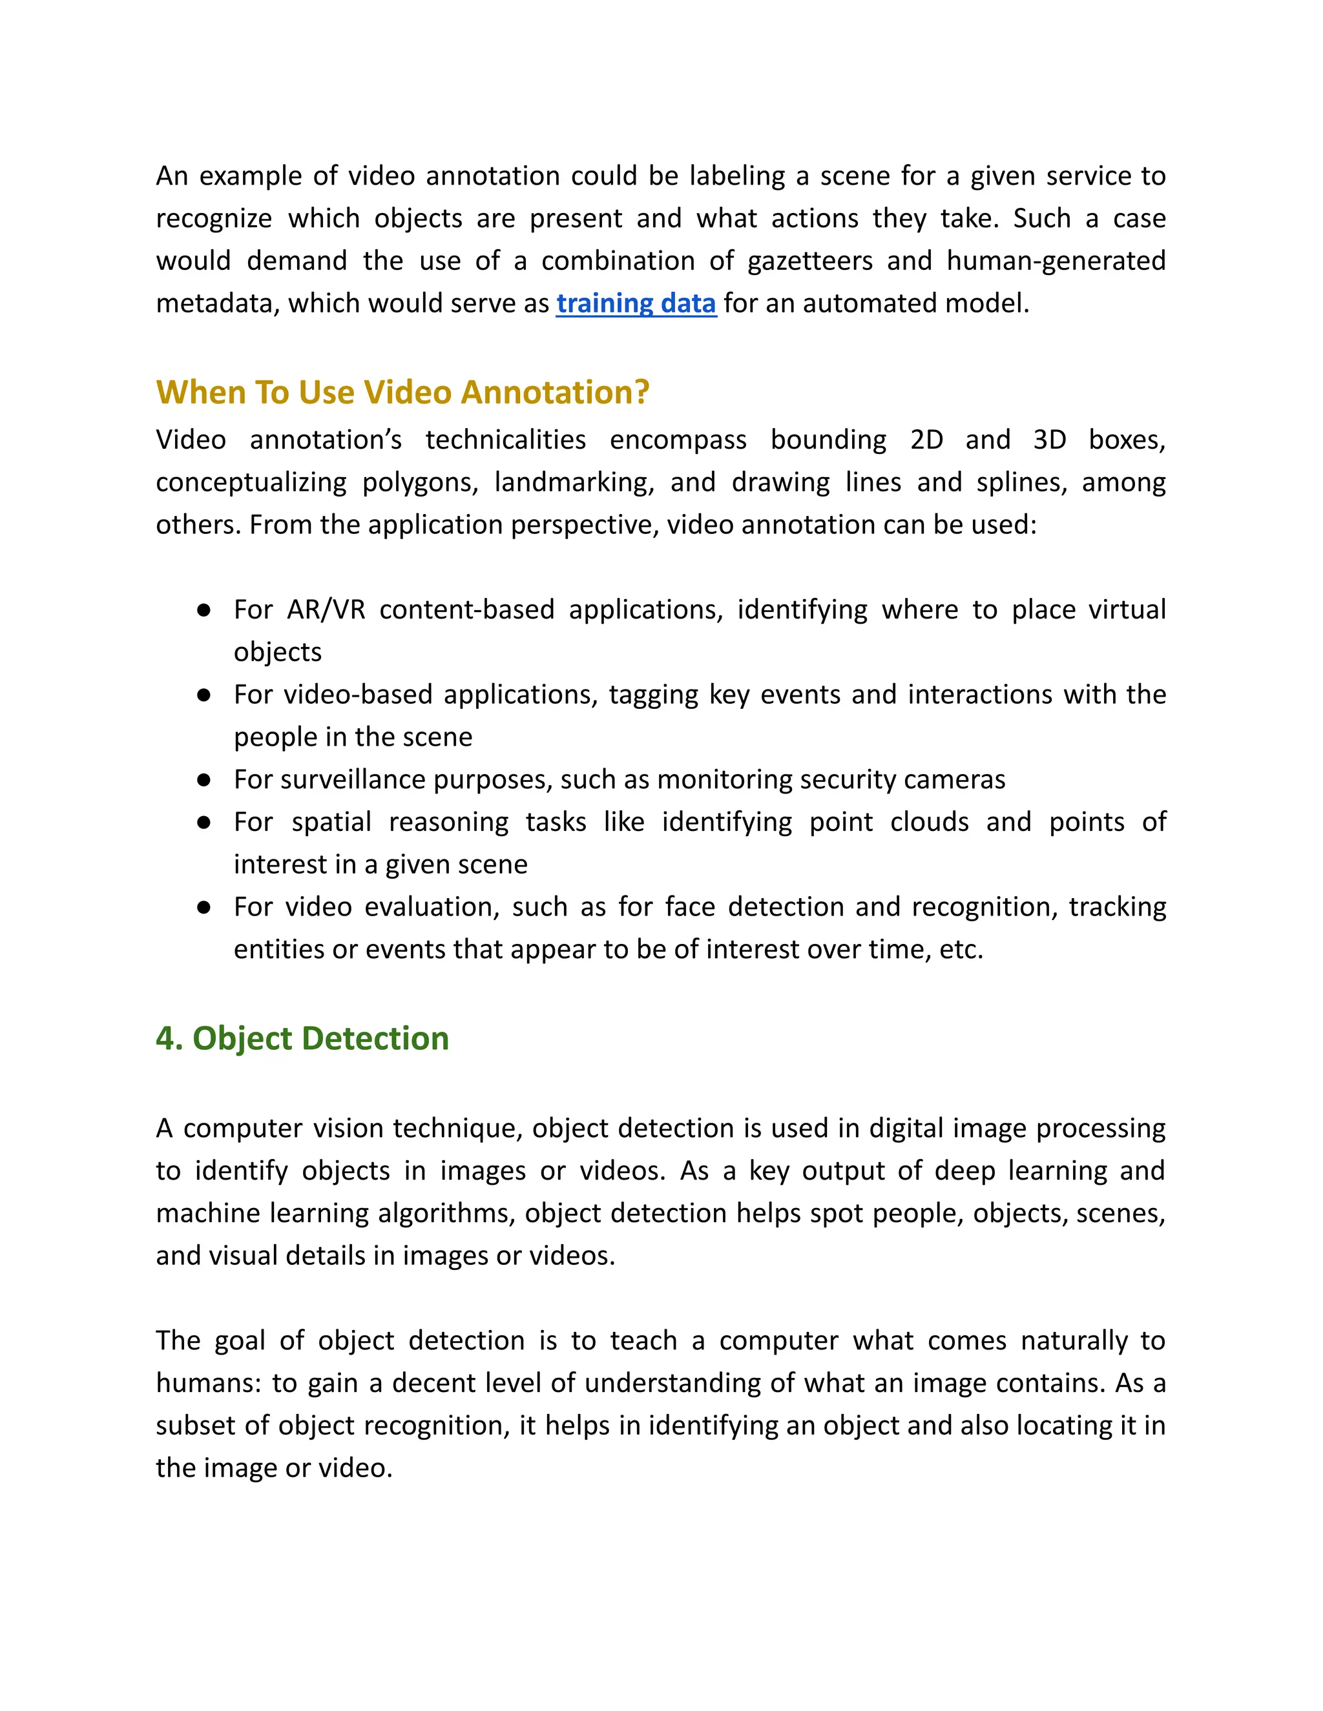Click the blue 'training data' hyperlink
[x=636, y=303]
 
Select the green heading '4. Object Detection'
[x=302, y=1038]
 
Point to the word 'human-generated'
[x=1056, y=261]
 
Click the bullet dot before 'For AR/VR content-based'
[x=203, y=610]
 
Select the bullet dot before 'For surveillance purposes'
[x=203, y=781]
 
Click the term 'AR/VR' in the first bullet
[x=326, y=610]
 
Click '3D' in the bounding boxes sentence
[x=1050, y=440]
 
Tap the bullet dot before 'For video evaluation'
[x=203, y=907]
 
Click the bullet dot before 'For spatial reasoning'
[x=203, y=823]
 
